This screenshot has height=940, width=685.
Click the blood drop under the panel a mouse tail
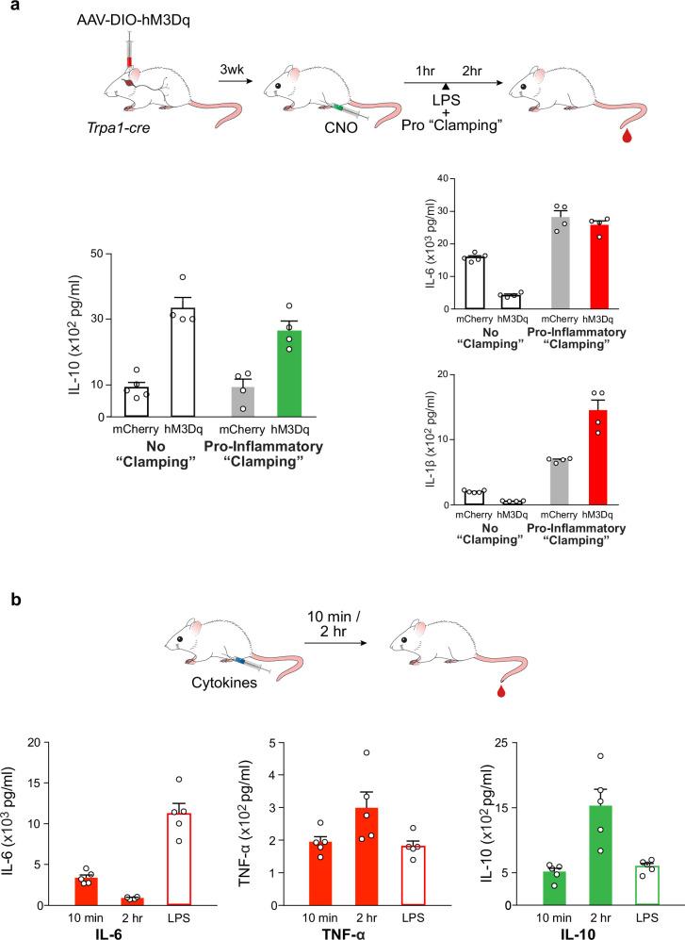628,138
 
